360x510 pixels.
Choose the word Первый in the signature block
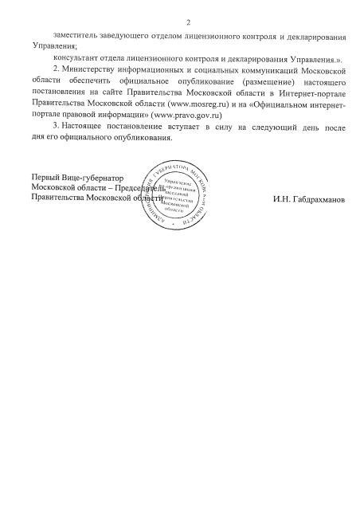coord(44,177)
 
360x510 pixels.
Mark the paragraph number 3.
coord(53,127)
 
